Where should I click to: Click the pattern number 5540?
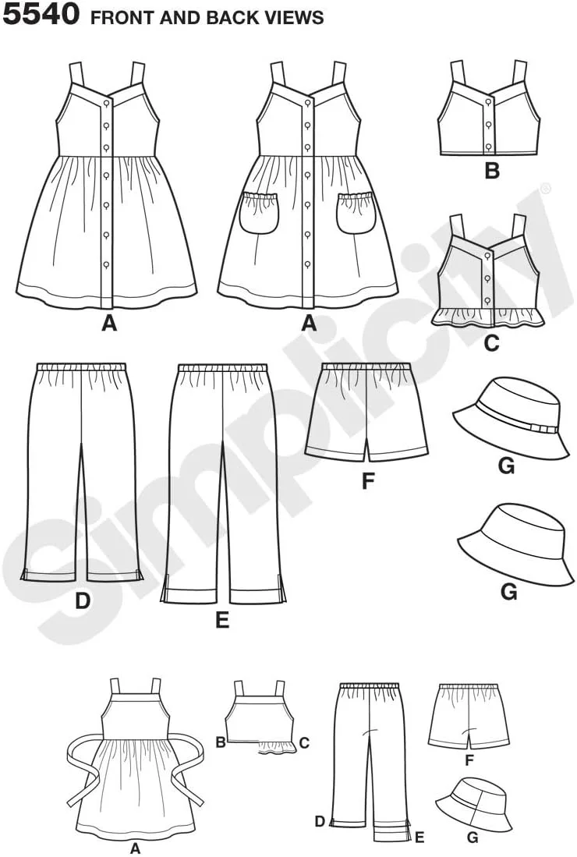click(x=41, y=14)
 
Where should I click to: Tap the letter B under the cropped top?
click(x=492, y=171)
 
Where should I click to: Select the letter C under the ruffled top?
click(x=492, y=342)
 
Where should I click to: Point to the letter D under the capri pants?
click(x=82, y=601)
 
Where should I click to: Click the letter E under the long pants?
click(x=222, y=620)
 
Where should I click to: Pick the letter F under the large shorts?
click(x=368, y=480)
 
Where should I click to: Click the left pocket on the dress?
click(x=258, y=213)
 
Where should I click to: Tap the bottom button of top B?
click(x=488, y=145)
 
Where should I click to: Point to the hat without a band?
click(x=515, y=541)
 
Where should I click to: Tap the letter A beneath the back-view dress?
click(x=135, y=848)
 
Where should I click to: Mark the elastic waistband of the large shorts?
click(x=365, y=367)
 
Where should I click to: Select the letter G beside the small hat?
click(x=473, y=838)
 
